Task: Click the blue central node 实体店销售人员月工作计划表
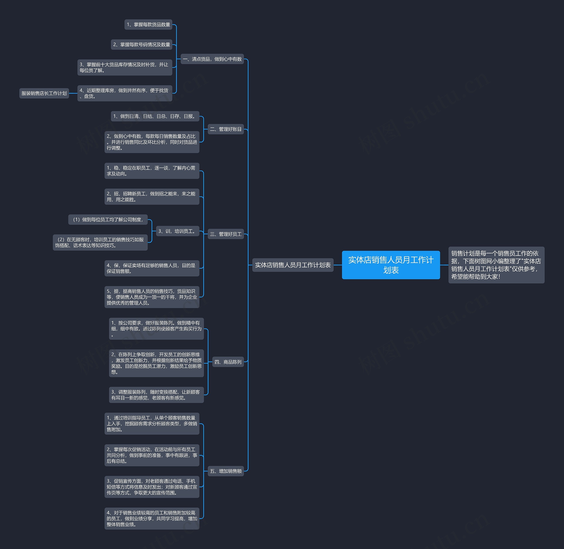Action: (x=391, y=265)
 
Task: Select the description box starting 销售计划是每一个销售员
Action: (x=496, y=265)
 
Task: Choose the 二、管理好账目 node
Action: (x=226, y=129)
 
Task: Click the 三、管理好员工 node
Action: (x=226, y=234)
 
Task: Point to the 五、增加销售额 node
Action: (x=226, y=471)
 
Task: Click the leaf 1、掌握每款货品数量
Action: (x=148, y=24)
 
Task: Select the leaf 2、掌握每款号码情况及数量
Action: (x=141, y=44)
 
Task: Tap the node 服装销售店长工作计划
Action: (x=44, y=93)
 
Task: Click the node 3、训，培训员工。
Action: (x=177, y=231)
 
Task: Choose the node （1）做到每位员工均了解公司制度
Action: (x=108, y=219)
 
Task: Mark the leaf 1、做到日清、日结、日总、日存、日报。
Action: (x=155, y=116)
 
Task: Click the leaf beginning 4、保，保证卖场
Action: (x=152, y=268)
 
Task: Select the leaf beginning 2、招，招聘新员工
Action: (x=152, y=196)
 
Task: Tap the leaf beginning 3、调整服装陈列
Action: (x=156, y=395)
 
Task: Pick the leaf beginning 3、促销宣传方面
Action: (x=152, y=487)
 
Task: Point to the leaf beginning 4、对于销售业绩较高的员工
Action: (x=152, y=518)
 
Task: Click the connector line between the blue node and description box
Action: (x=444, y=265)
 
